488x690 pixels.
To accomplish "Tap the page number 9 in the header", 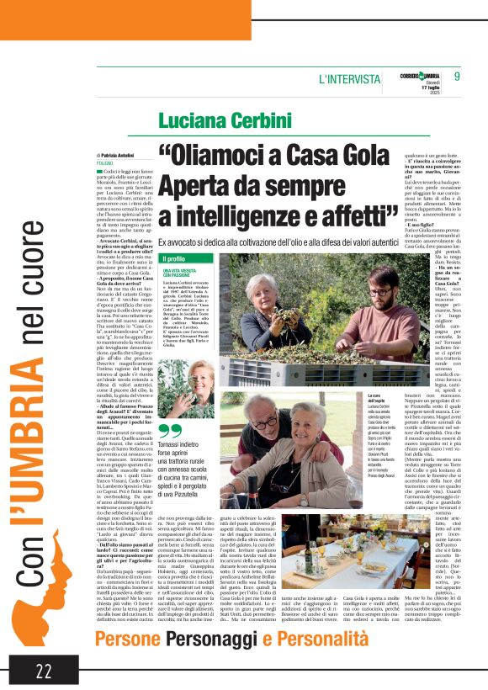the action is point(457,77).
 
